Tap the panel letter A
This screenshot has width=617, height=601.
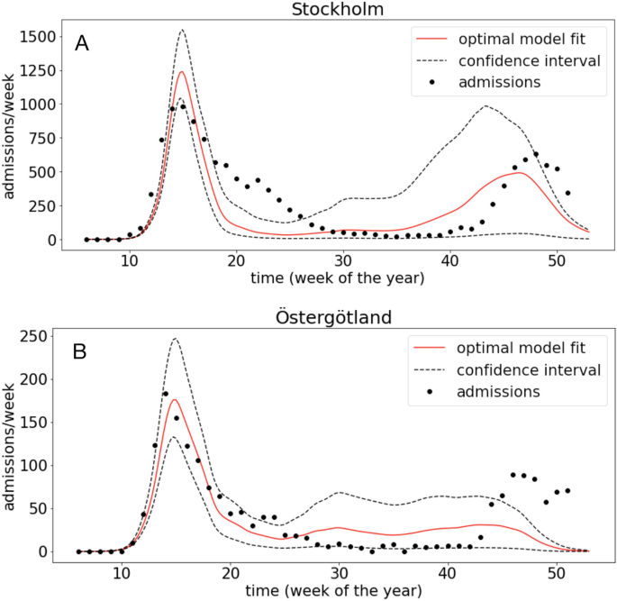(82, 42)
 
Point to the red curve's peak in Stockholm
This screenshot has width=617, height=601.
(181, 72)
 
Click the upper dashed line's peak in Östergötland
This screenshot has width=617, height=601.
(175, 339)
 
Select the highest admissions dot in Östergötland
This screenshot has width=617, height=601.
(166, 394)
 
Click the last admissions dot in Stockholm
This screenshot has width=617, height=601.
(567, 193)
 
